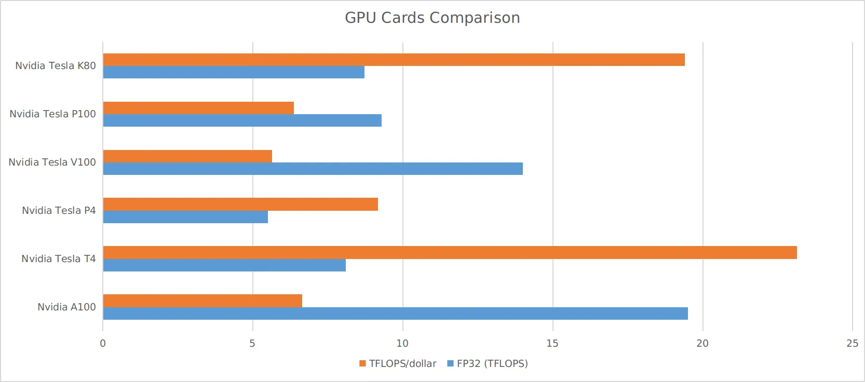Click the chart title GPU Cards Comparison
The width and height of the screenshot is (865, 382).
pos(432,18)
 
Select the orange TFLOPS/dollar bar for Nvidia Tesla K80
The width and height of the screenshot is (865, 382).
pos(394,60)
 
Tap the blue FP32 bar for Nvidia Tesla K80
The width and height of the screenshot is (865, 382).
pos(234,72)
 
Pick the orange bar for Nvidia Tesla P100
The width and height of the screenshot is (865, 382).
pos(198,108)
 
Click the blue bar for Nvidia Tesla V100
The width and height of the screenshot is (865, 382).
pos(313,169)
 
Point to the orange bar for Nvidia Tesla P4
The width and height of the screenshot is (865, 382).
pos(240,204)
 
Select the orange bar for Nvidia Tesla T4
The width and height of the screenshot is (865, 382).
pos(450,253)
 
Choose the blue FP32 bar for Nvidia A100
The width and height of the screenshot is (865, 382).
pos(395,313)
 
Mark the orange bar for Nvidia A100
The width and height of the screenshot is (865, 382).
pos(202,301)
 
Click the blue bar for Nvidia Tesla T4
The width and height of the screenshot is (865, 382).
pos(224,265)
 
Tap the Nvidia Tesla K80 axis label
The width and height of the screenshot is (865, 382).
pos(56,66)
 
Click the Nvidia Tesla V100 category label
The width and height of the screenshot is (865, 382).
pos(52,162)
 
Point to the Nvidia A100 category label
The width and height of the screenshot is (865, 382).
pos(66,307)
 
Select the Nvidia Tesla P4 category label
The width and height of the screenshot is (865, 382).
pos(59,211)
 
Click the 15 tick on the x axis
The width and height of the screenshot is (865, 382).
pos(552,344)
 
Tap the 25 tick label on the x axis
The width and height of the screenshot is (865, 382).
pos(852,344)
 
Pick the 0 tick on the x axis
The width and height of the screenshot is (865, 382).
pos(103,344)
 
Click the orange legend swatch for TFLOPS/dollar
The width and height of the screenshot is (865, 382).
pos(362,364)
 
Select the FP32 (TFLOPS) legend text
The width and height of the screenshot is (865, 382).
pos(492,364)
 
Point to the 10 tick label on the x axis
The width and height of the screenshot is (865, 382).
pos(402,344)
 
